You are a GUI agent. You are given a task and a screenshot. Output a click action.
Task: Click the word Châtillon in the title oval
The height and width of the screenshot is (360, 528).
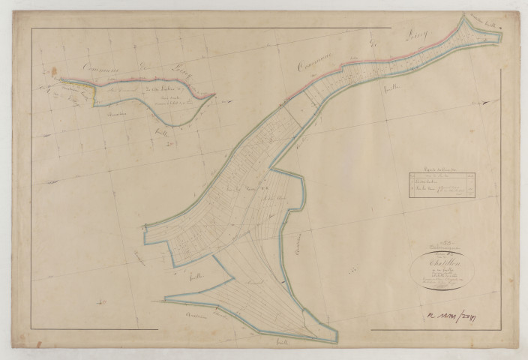(436, 263)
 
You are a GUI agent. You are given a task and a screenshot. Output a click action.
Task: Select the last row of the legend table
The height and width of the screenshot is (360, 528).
(439, 191)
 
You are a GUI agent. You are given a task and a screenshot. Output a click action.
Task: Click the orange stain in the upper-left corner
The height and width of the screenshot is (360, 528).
(54, 71)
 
